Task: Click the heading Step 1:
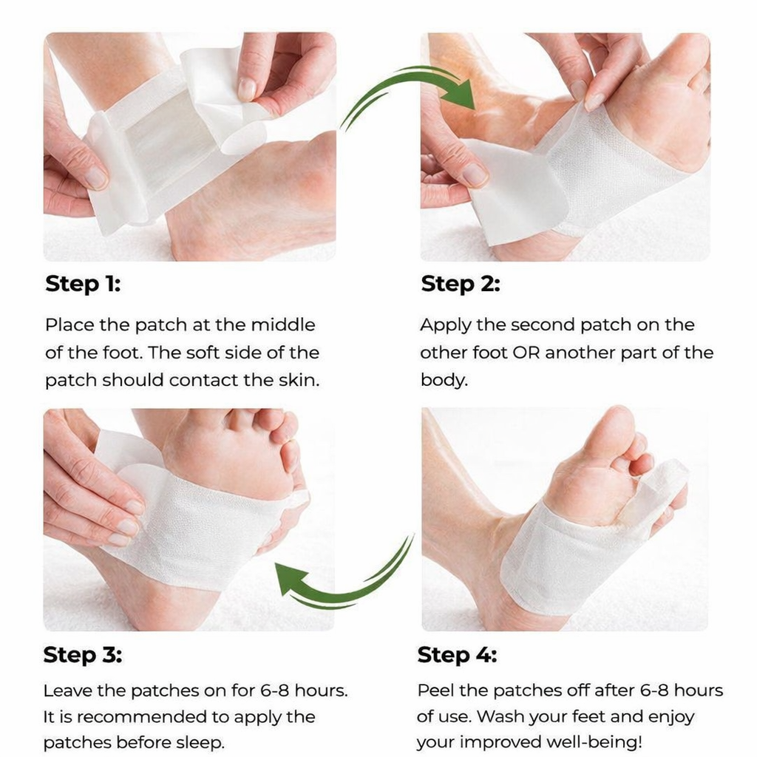coord(83,284)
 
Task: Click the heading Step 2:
coord(460,284)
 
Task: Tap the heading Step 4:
coord(457,655)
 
